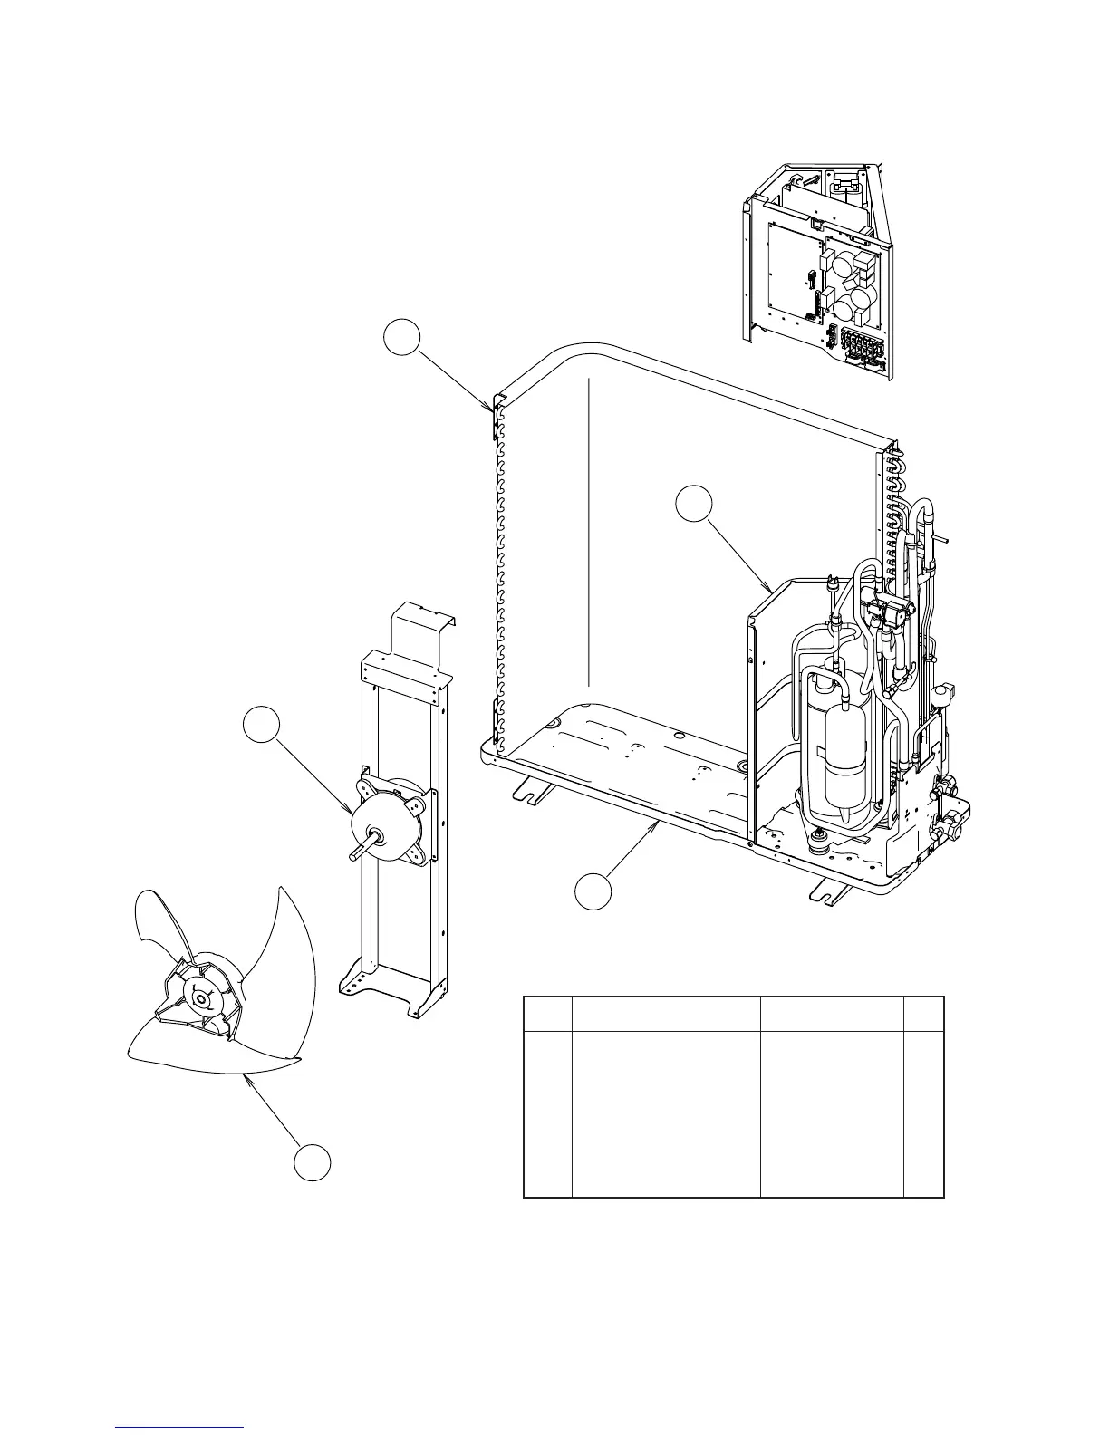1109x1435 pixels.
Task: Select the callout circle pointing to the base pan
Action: tap(593, 890)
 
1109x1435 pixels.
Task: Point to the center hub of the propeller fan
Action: tap(198, 998)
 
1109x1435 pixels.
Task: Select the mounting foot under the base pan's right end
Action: tap(832, 892)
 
